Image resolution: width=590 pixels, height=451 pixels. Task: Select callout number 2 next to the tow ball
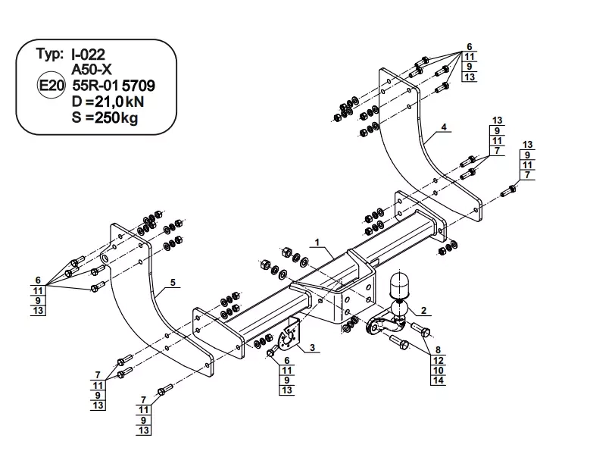click(x=423, y=309)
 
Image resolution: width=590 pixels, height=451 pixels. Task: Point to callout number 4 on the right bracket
click(x=444, y=126)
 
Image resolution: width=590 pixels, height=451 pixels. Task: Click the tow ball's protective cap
click(x=399, y=289)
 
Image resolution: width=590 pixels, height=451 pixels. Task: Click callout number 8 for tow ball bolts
click(x=437, y=349)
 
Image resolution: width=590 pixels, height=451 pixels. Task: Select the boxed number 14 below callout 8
click(x=437, y=380)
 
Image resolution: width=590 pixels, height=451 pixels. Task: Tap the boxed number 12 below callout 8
click(x=437, y=359)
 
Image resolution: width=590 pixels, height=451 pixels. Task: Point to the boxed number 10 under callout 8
click(x=437, y=370)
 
